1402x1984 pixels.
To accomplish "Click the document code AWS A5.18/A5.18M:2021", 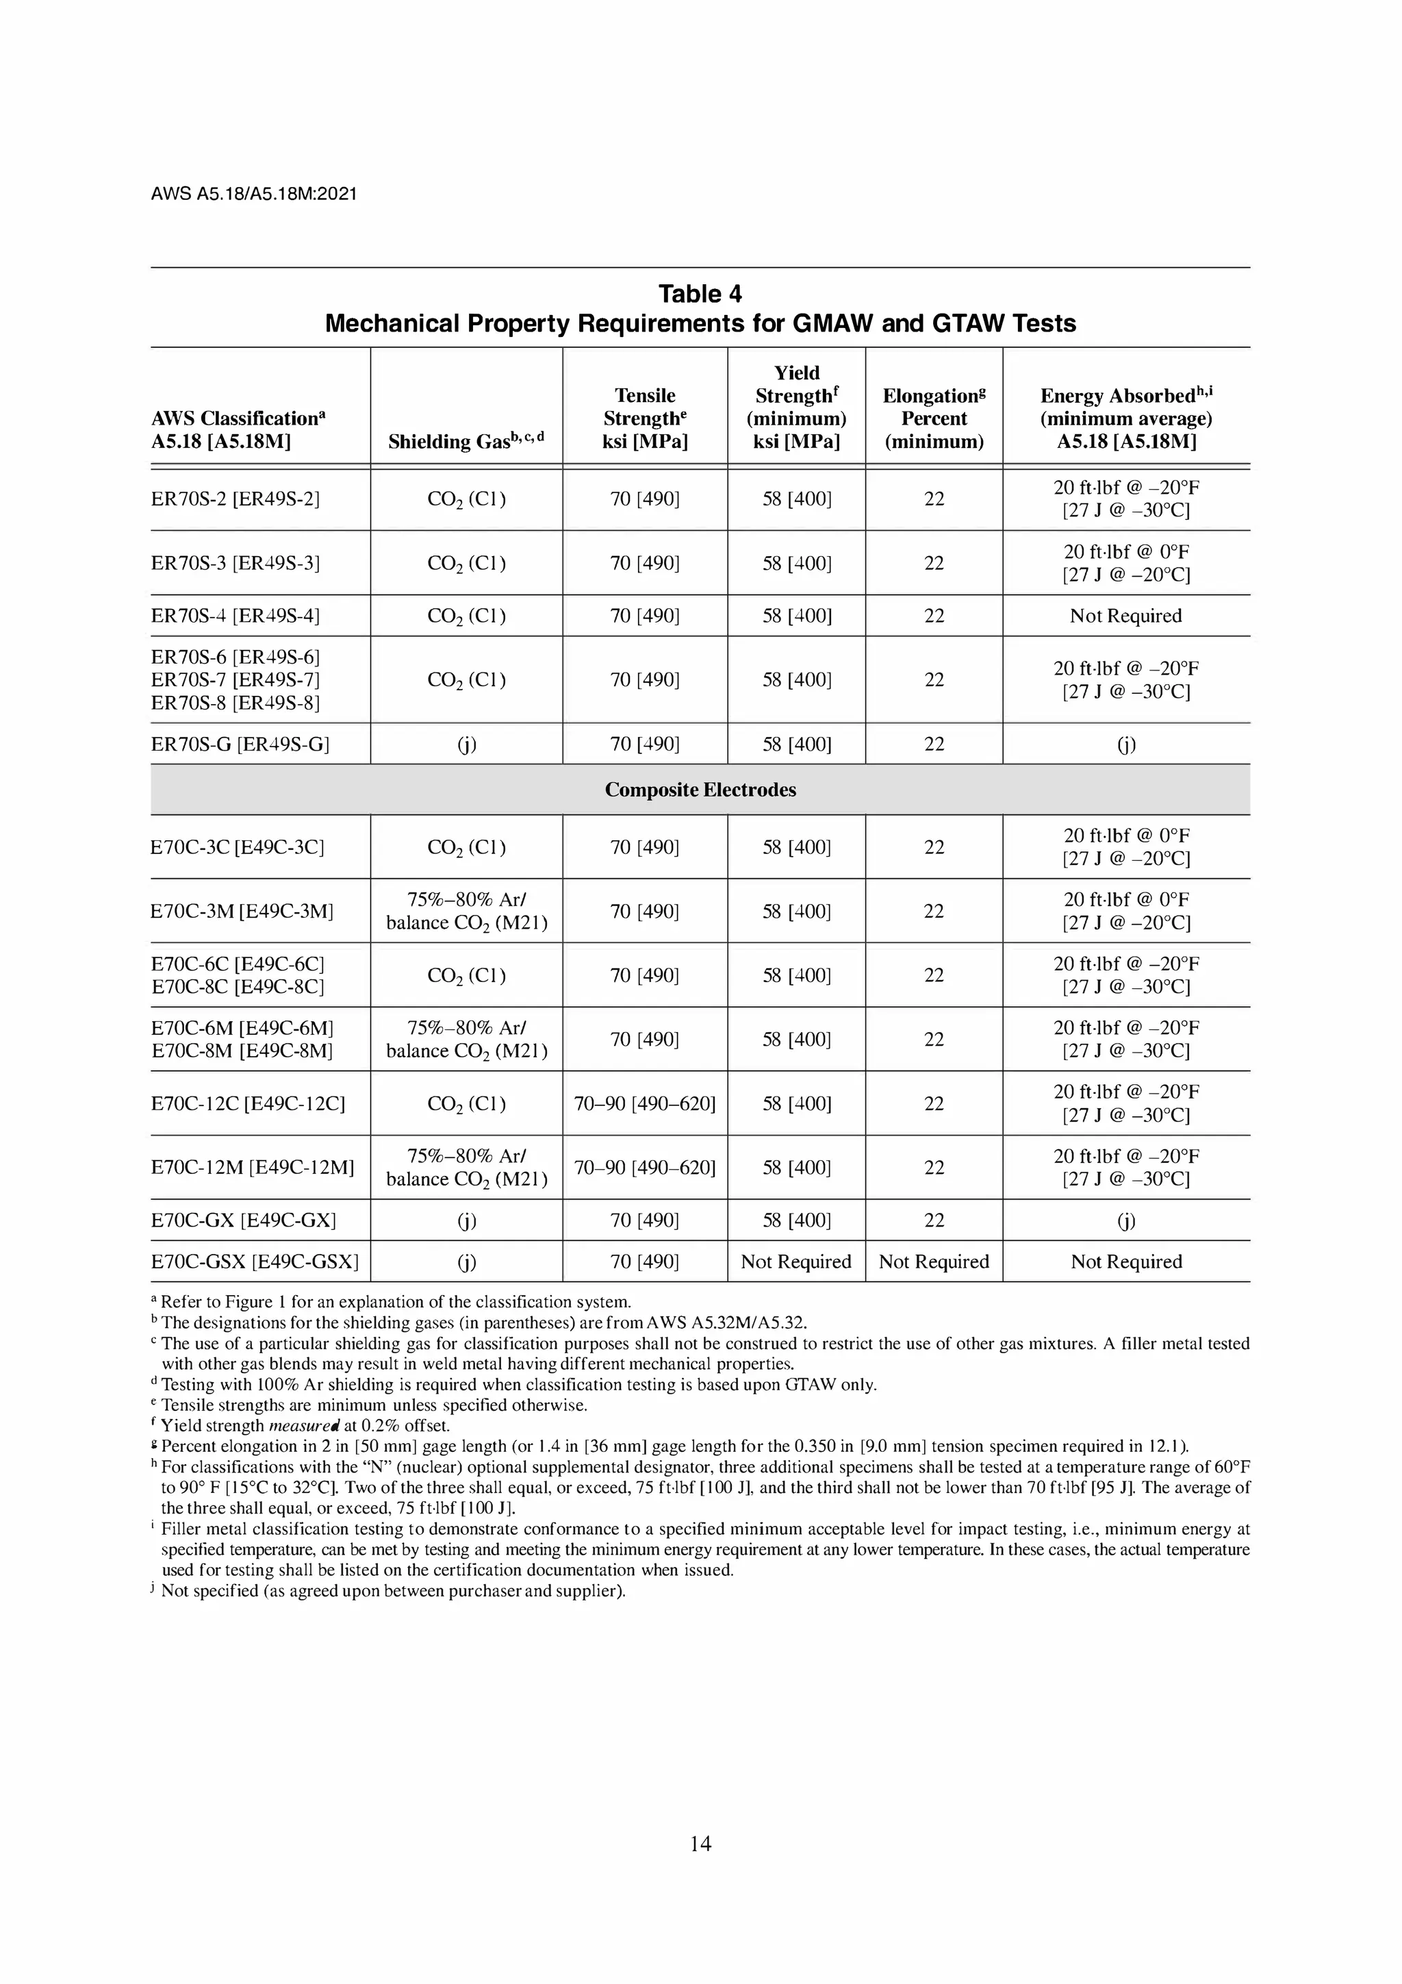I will pos(253,194).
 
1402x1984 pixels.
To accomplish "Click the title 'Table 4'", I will pos(700,294).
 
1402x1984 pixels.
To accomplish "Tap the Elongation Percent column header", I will pos(934,418).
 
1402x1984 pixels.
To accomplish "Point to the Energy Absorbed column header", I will pos(1125,418).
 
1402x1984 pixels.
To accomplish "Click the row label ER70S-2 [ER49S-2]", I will pos(235,499).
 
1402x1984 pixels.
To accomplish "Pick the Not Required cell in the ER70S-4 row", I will pos(1125,616).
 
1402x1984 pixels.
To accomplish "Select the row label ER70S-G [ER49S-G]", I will pos(240,744).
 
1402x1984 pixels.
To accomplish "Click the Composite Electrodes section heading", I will pos(700,790).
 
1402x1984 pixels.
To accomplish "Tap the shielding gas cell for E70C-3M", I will pos(466,911).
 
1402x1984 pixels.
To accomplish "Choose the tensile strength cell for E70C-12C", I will pos(644,1103).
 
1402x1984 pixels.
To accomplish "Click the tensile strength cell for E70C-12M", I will pos(644,1168).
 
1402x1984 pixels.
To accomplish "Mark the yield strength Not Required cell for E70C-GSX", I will pos(795,1261).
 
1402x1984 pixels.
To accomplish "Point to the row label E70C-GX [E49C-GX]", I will pos(243,1220).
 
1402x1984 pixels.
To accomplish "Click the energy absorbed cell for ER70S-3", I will pos(1125,562).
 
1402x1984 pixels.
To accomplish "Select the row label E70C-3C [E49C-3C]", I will pos(237,847).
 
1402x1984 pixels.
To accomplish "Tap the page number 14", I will pos(700,1843).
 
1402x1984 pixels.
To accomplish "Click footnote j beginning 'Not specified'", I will pos(392,1591).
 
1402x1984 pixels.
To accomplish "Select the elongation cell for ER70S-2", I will pos(934,499).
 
